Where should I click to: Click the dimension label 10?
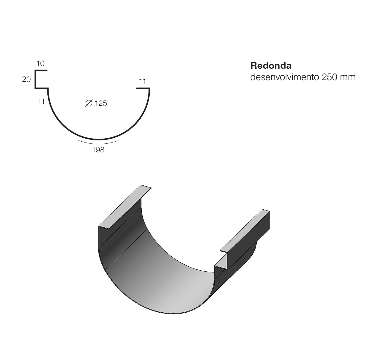(40, 63)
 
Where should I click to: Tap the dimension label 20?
(26, 79)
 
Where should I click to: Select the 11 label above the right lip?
(142, 81)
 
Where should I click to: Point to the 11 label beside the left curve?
(41, 102)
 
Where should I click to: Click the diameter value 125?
(101, 103)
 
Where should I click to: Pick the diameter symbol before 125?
(89, 103)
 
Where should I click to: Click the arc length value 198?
(98, 150)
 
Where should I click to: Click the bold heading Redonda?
(271, 66)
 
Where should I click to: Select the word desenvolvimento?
(285, 77)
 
